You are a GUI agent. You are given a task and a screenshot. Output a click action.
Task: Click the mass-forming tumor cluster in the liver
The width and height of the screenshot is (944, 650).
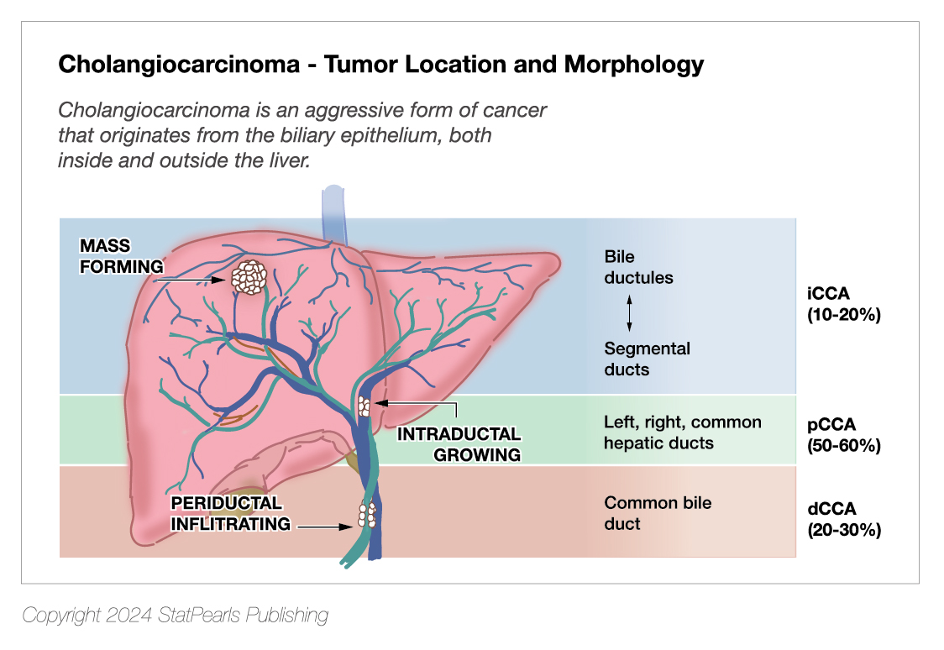coord(248,276)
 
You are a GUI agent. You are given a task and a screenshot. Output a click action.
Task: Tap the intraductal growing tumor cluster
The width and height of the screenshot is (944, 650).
coord(364,406)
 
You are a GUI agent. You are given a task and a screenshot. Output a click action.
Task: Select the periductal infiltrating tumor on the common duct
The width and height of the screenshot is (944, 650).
coord(367,514)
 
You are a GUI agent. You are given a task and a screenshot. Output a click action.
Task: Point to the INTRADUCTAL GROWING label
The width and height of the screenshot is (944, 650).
coord(459,445)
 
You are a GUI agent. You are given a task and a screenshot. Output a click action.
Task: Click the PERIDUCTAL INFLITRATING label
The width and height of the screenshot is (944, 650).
coord(231,513)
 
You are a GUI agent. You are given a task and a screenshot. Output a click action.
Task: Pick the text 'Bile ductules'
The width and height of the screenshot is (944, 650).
coord(638,267)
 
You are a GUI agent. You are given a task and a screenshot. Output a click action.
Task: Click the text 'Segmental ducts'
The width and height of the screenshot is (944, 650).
coord(647,359)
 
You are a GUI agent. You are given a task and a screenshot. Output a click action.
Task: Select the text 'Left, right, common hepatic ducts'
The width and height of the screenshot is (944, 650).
coord(682,432)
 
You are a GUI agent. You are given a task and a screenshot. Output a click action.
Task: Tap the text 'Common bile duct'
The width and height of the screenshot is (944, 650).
coord(658,513)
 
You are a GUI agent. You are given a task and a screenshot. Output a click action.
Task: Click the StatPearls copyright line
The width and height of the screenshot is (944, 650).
coord(175,616)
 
